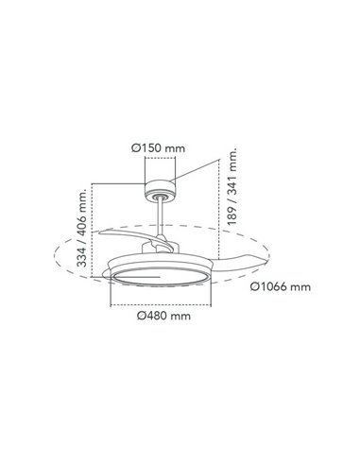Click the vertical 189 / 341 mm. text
click(x=231, y=190)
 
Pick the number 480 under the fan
click(x=163, y=317)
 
